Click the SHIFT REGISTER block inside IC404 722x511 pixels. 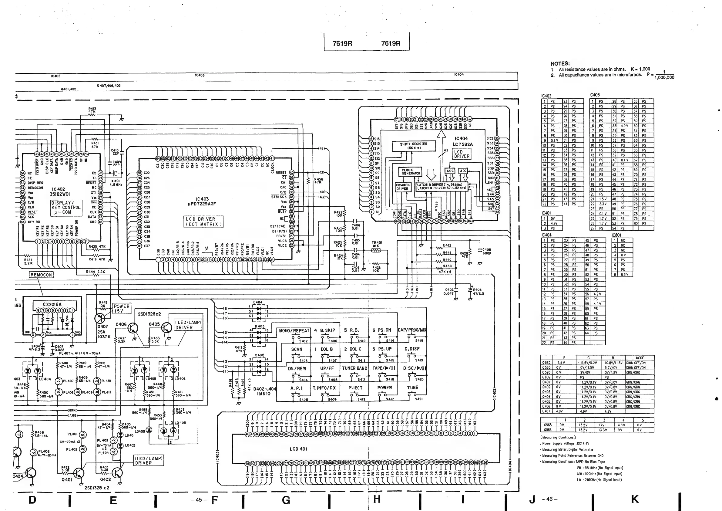pos(414,146)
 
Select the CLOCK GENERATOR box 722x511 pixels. pos(411,172)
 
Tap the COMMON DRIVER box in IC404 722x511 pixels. pos(402,187)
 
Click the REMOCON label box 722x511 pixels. pos(41,275)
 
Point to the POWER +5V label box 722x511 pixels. pos(122,308)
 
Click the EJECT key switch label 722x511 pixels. pos(356,388)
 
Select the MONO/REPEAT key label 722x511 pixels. pos(294,331)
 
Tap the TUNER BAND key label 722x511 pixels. pos(354,368)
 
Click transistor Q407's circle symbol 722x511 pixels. pos(100,318)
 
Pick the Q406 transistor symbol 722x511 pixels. pos(133,328)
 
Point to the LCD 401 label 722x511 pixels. pos(298,449)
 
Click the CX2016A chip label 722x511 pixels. pos(52,304)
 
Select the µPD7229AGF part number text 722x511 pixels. pos(202,204)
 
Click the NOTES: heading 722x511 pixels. pos(560,63)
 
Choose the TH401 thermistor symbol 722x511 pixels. pos(376,250)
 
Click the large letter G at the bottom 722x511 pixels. pos(286,500)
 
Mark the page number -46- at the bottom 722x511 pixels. pos(550,499)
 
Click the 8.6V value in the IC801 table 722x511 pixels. pos(625,275)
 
